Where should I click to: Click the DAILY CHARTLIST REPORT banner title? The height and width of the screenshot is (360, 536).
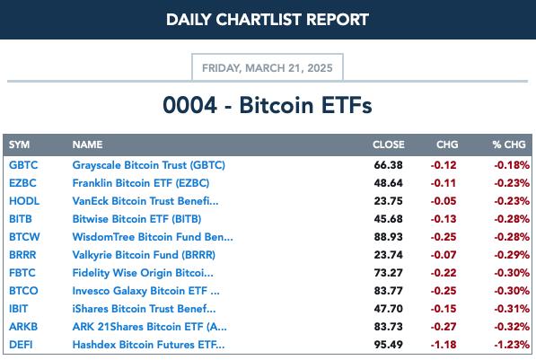(x=268, y=20)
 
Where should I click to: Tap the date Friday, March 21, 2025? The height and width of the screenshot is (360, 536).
(x=268, y=68)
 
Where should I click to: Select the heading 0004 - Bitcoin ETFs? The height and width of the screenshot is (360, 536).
(x=268, y=105)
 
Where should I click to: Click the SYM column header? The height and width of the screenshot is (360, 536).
(x=19, y=145)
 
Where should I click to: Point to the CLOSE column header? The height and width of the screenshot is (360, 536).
(x=389, y=145)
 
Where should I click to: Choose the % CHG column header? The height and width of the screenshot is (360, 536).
(x=509, y=145)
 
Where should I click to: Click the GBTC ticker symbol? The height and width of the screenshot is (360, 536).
(x=23, y=165)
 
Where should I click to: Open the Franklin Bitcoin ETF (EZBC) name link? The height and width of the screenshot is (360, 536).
(x=140, y=183)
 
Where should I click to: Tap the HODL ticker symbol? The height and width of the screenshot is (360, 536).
(x=24, y=201)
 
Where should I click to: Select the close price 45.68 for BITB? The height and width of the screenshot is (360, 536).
(x=389, y=219)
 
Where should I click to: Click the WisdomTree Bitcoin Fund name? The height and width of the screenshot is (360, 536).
(x=153, y=237)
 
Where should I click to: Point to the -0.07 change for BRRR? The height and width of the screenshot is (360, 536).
(x=444, y=255)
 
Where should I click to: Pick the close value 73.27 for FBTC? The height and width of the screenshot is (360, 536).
(x=389, y=273)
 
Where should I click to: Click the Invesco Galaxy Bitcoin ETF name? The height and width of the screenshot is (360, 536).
(x=146, y=291)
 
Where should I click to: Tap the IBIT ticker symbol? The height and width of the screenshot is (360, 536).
(x=19, y=309)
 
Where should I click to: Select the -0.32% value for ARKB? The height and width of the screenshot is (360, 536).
(x=512, y=327)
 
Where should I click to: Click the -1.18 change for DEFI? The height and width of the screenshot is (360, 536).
(x=444, y=345)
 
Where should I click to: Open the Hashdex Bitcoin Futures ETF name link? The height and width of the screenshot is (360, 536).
(x=148, y=345)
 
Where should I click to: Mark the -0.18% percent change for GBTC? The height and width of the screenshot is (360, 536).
(x=512, y=165)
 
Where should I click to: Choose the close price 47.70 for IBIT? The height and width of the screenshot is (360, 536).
(x=389, y=309)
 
